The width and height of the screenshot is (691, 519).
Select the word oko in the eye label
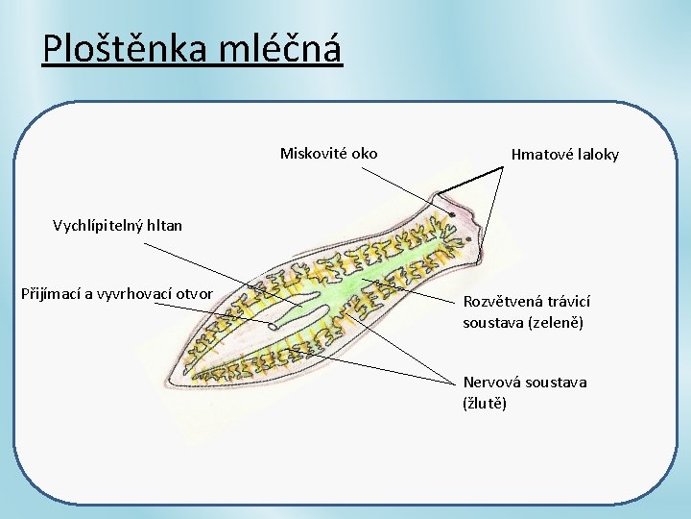365,153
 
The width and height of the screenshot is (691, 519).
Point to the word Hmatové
540,154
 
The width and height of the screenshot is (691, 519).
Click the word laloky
597,154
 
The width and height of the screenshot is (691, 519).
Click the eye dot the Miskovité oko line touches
451,214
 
